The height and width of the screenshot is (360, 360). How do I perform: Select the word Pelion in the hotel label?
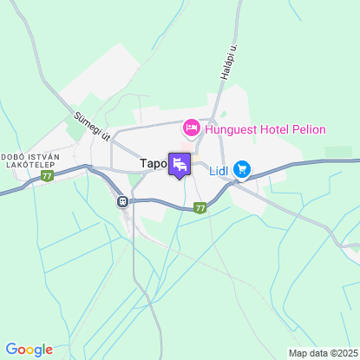(309, 130)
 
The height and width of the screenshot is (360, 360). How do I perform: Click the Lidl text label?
(219, 170)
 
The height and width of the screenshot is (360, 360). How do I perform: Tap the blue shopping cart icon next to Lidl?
(242, 169)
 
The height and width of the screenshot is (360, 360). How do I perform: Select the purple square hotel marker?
(180, 164)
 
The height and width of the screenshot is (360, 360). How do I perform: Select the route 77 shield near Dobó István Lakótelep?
(47, 175)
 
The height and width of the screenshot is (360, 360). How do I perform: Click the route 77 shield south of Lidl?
(200, 208)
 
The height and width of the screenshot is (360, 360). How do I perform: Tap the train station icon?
(123, 202)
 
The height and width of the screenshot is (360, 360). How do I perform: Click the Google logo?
(29, 350)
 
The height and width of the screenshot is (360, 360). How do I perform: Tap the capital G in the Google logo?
(10, 350)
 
